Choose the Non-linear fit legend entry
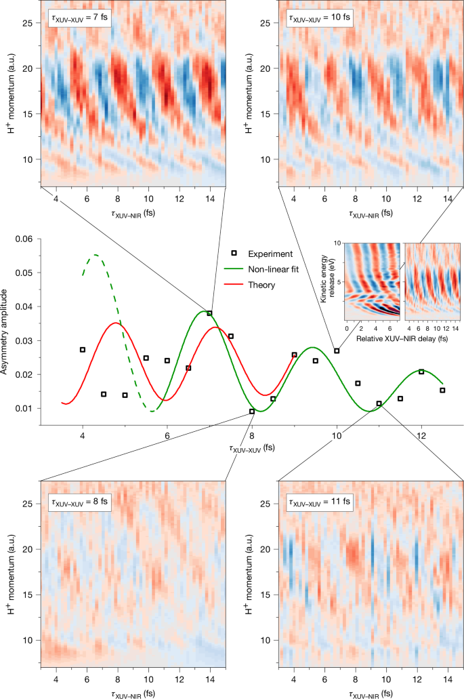(270, 270)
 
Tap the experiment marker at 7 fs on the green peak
(210, 313)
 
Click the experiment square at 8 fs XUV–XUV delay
(252, 411)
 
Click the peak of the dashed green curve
(96, 255)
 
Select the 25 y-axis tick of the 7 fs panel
(28, 23)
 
